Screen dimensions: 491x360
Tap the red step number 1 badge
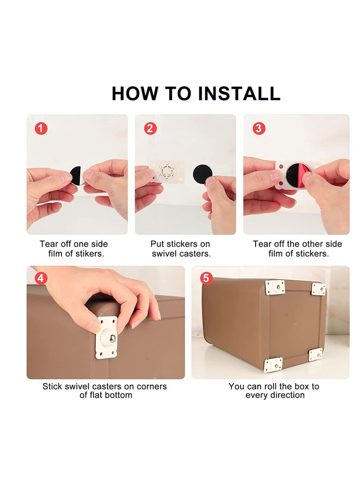point(41,128)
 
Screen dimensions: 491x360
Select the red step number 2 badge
point(150,128)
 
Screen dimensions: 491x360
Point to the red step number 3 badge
point(258,128)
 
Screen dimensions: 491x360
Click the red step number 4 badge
point(41,278)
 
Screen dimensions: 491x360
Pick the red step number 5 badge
point(206,278)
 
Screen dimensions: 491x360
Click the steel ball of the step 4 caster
point(108,338)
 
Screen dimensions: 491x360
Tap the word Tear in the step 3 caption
point(262,244)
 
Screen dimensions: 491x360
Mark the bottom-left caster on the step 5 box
point(273,365)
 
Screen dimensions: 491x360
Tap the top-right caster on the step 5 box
point(318,288)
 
